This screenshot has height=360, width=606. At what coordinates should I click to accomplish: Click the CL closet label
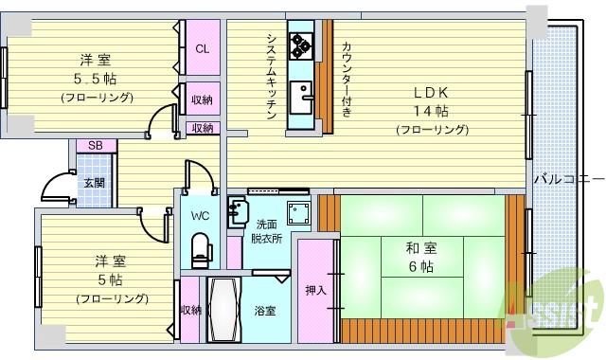[202, 49]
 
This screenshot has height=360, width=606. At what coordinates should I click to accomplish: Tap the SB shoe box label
[95, 145]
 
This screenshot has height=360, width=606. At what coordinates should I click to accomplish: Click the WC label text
[199, 216]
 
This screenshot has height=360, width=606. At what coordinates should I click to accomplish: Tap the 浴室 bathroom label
[264, 311]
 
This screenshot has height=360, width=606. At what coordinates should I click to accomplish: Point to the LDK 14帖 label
[432, 109]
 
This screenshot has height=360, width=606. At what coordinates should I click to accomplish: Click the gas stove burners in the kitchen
[302, 44]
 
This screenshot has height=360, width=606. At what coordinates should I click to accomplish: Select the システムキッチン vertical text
[270, 76]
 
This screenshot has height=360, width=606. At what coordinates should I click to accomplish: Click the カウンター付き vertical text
[346, 80]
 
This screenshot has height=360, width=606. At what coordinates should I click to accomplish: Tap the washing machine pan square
[299, 213]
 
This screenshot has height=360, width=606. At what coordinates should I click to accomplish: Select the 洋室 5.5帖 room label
[92, 77]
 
